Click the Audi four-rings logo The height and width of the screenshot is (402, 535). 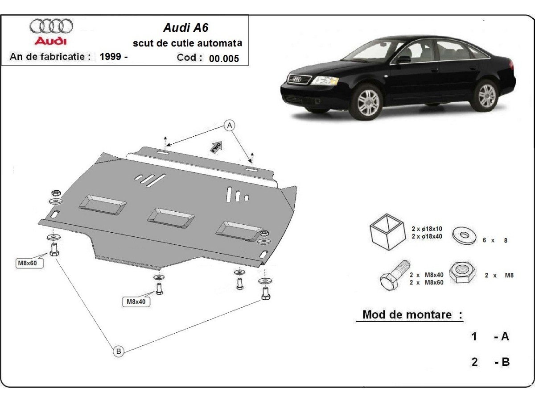(51, 26)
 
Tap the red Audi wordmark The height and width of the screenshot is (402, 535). (51, 41)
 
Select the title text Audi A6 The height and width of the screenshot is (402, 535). (185, 28)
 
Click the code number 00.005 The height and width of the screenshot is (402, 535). (224, 58)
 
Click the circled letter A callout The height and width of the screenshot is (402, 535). (230, 126)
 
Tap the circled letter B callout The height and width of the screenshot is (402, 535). (118, 351)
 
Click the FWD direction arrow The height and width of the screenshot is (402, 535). (217, 147)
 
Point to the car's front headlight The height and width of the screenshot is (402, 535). (325, 81)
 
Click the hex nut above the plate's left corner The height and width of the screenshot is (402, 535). (56, 193)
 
